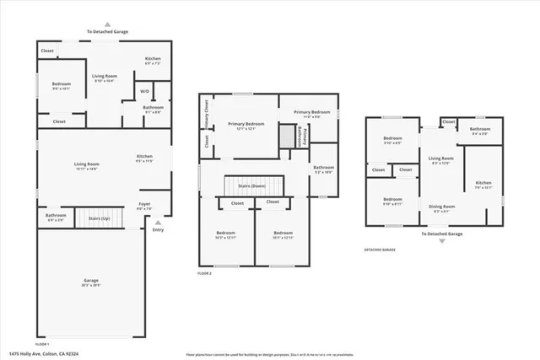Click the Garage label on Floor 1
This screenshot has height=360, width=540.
[90, 281]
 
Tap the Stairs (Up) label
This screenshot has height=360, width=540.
[99, 218]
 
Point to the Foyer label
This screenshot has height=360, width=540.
[145, 204]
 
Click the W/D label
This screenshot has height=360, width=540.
[144, 91]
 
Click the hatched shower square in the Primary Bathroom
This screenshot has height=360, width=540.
[289, 137]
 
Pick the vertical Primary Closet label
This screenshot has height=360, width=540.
[206, 114]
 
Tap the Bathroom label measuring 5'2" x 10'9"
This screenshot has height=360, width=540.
[324, 168]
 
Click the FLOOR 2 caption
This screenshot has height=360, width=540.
[204, 274]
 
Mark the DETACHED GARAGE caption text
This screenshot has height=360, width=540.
[380, 250]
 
